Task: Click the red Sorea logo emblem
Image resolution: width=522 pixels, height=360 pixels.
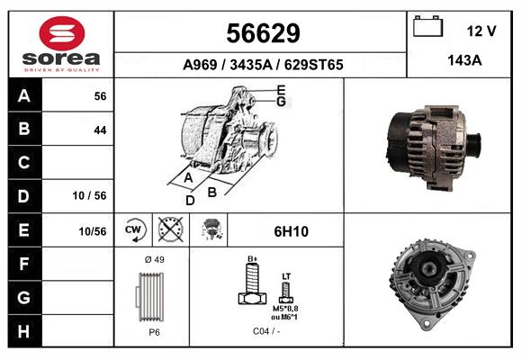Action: tap(62, 33)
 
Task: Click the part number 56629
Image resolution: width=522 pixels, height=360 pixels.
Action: tap(263, 33)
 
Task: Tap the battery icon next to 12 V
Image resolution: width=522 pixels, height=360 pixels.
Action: tap(428, 26)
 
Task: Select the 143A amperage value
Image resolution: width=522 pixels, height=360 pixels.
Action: tap(464, 60)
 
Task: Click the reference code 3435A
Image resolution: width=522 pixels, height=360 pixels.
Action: tap(251, 65)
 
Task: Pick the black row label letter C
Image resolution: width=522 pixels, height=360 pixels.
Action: tap(24, 163)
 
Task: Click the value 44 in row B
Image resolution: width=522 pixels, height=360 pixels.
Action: tap(100, 130)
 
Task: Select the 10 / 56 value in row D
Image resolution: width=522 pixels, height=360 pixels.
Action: tap(90, 195)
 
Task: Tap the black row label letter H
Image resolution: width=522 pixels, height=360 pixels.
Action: tap(23, 331)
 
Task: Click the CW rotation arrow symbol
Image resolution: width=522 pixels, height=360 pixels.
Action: tap(134, 229)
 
